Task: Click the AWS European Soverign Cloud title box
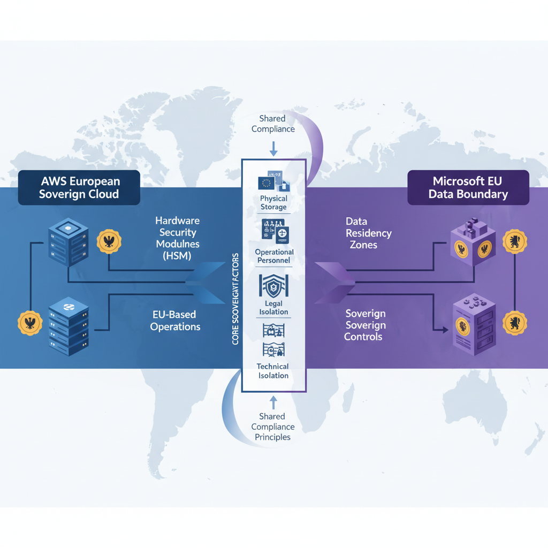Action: click(x=79, y=187)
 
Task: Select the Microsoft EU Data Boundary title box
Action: click(x=468, y=187)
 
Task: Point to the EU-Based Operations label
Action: click(x=175, y=320)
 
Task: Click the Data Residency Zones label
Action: click(x=368, y=233)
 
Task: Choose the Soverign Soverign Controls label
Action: click(x=366, y=325)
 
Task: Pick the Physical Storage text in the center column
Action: click(x=273, y=203)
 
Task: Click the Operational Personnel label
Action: click(x=274, y=256)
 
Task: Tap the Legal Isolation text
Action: click(x=273, y=308)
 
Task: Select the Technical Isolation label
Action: click(x=273, y=371)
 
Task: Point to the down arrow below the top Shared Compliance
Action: click(x=273, y=147)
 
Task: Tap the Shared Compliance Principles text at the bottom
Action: click(x=273, y=427)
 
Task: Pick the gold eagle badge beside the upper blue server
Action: click(x=109, y=242)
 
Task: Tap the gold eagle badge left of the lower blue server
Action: click(x=30, y=323)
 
